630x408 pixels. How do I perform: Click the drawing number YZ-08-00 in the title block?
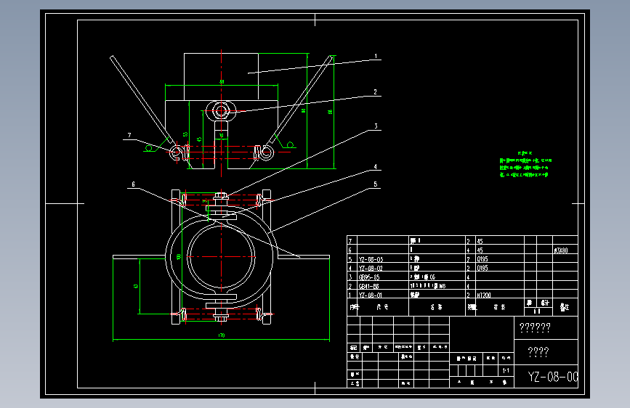552,377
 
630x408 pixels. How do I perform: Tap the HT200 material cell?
486,295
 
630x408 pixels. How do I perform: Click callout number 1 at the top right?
376,56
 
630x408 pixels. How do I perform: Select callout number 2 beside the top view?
376,92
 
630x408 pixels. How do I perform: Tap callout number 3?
376,126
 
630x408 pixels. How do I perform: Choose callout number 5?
376,184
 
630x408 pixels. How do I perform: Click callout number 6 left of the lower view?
133,184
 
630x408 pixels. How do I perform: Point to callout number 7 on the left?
129,135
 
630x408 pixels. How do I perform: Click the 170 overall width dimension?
221,335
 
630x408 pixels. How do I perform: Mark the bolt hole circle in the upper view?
221,110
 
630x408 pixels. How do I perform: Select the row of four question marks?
538,353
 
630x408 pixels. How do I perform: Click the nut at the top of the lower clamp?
221,196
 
